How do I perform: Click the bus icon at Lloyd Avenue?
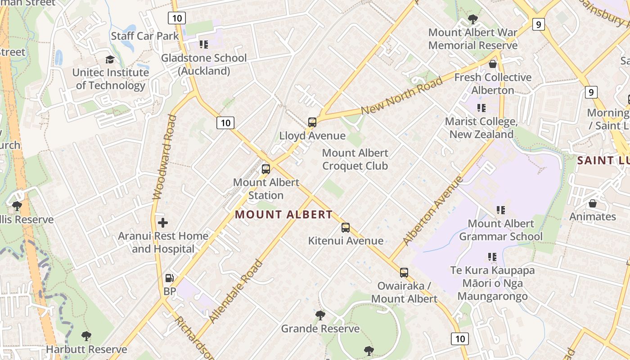(312, 122)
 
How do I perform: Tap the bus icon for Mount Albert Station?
(266, 169)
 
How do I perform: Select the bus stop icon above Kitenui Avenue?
(346, 228)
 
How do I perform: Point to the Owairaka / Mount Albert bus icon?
(404, 273)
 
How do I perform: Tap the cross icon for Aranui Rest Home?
(163, 222)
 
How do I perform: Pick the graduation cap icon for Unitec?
(110, 59)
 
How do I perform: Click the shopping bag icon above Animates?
(592, 203)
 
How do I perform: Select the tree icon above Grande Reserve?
(320, 315)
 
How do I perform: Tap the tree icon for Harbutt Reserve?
(86, 336)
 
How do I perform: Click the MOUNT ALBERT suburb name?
(283, 215)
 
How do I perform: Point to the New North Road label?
(402, 96)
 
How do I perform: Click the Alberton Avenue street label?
(433, 211)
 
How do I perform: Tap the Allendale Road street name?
(236, 291)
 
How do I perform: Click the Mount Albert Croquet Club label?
(355, 159)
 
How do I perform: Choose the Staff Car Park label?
(145, 36)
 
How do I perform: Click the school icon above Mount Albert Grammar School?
(500, 210)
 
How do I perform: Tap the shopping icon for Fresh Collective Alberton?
(493, 64)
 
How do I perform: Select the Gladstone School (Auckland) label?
(204, 64)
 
